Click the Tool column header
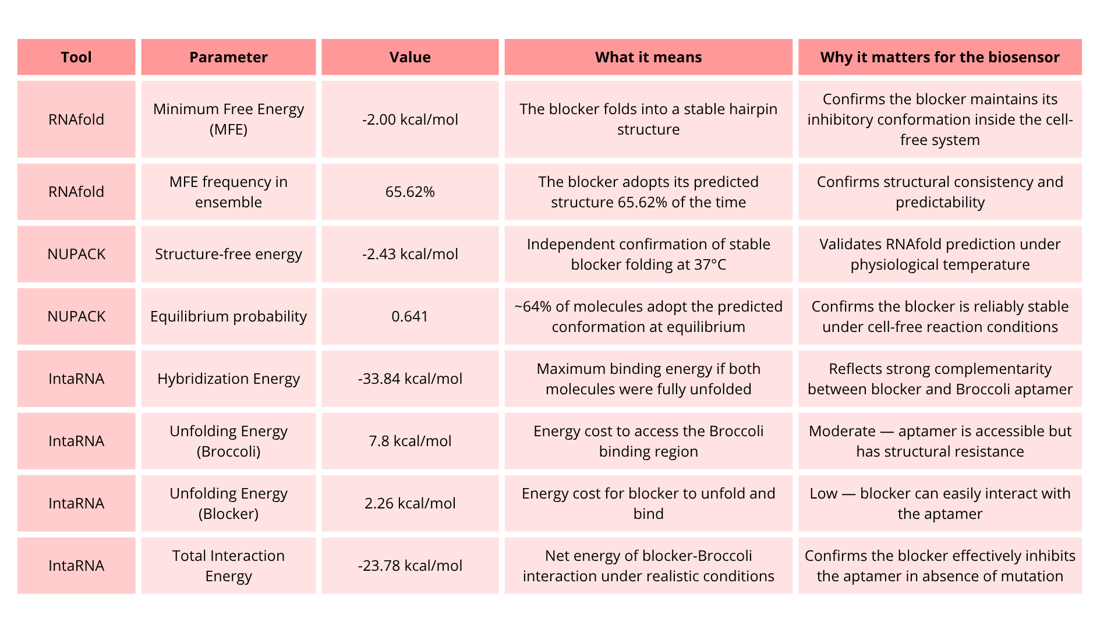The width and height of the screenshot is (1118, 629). pos(76,57)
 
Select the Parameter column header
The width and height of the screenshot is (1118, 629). pos(228,57)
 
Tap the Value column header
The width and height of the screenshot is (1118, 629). pos(410,57)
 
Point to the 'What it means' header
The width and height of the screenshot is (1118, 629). pos(648,57)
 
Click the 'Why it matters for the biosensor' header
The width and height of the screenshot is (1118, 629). pos(940,57)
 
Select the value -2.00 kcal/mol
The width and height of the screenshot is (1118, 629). pos(410,119)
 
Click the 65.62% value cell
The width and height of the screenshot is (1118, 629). pos(410,192)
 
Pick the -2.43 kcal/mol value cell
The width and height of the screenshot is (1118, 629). pos(410,254)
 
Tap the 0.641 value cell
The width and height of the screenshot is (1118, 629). pos(410,316)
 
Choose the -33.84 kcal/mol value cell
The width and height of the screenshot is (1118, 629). pos(410,379)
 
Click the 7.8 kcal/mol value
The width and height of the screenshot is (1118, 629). pos(410,441)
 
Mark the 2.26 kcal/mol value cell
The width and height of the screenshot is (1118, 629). pos(410,503)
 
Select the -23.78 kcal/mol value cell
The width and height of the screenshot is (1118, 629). pos(410,566)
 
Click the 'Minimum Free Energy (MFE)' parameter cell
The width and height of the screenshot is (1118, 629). pos(228,119)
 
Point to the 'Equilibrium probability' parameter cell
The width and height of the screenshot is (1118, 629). pos(228,316)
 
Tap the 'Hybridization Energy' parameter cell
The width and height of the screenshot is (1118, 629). pos(228,379)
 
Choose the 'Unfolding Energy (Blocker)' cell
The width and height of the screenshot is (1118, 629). pos(228,503)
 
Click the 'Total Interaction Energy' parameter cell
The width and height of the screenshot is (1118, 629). pos(228,566)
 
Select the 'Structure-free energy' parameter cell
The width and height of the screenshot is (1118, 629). pos(228,254)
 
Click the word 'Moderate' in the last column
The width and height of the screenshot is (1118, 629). pos(842,431)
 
